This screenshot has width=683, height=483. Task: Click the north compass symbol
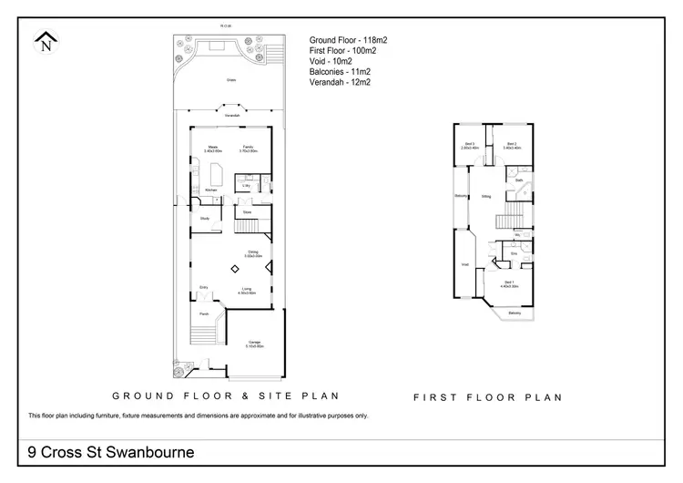click(x=45, y=42)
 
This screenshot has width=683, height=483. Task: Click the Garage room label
click(x=254, y=344)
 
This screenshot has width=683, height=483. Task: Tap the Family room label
click(x=249, y=148)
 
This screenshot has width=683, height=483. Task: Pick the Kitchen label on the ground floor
click(x=210, y=190)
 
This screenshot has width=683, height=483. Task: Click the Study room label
click(x=205, y=218)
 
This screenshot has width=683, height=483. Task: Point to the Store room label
click(x=247, y=212)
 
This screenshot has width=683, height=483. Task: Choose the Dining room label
click(x=255, y=253)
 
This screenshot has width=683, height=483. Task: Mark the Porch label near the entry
click(x=204, y=313)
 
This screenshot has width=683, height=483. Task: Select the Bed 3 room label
click(x=471, y=144)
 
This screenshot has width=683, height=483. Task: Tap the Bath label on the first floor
click(x=518, y=180)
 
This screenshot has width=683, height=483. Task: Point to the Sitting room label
click(x=487, y=196)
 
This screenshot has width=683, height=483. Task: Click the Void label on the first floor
click(x=464, y=265)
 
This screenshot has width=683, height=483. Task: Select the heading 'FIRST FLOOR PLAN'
click(x=487, y=397)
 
